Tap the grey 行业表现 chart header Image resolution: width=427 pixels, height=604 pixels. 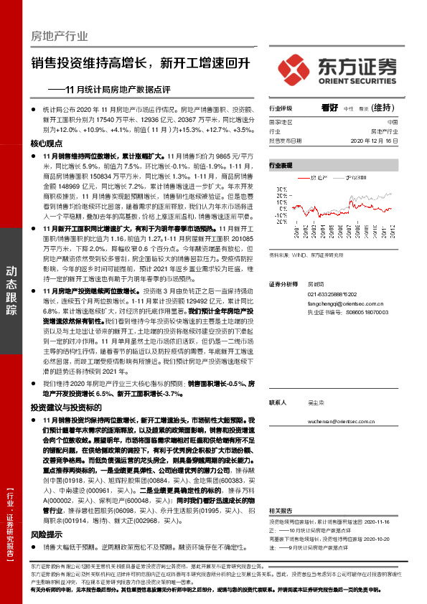[281, 165]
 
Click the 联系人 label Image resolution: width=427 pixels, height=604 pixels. [278, 402]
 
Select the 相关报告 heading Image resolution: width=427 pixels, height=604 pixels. [278, 509]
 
